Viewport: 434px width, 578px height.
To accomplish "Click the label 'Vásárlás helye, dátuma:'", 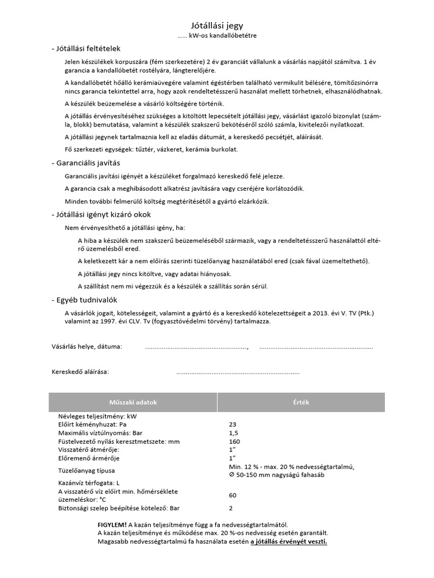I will (x=86, y=346).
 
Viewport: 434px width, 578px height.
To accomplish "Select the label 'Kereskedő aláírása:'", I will (x=80, y=372).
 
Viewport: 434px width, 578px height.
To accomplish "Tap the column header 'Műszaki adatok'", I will (x=132, y=402).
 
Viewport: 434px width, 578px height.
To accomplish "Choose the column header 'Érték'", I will (x=301, y=402).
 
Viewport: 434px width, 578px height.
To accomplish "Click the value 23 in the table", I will (x=233, y=424).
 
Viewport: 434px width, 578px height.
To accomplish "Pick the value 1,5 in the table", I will (x=233, y=433).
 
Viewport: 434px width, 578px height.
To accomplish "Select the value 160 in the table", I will (x=235, y=441).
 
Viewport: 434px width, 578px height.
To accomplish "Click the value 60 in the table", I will (x=233, y=495).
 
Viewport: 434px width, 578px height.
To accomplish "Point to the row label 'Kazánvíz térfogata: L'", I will (x=89, y=483).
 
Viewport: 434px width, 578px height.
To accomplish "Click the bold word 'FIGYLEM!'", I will (x=112, y=525).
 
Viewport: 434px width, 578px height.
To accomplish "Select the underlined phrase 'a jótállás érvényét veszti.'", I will (x=289, y=541).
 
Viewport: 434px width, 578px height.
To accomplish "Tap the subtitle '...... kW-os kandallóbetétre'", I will (x=217, y=36).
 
